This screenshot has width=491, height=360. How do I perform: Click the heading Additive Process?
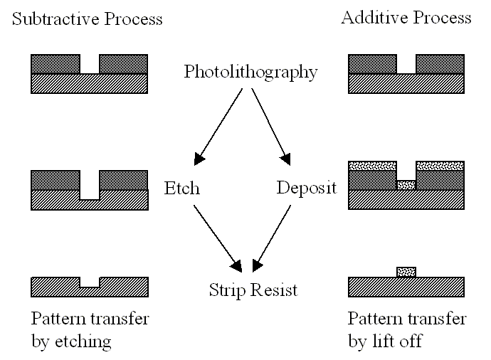406,18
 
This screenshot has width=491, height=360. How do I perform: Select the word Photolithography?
250,72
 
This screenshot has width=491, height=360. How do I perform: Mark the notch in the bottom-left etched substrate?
90,282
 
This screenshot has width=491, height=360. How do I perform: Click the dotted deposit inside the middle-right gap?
406,185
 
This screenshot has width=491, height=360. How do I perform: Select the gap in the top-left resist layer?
90,64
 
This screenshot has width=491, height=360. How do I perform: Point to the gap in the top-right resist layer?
406,64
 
